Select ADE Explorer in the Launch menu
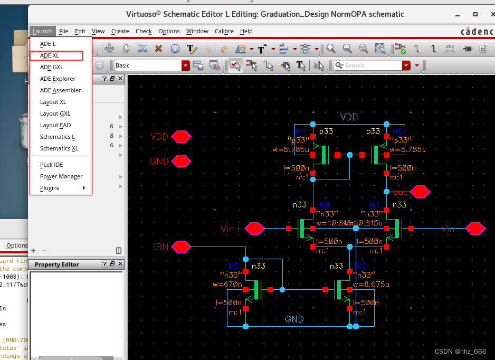tap(58, 79)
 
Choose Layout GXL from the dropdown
tap(55, 113)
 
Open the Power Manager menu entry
tap(61, 176)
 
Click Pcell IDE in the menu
tap(51, 165)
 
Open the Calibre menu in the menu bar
tap(224, 31)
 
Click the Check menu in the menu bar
tap(144, 31)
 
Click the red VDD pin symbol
tap(181, 137)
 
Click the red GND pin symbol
tap(181, 161)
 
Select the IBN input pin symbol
tap(181, 247)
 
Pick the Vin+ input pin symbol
tap(255, 229)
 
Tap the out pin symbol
tap(420, 192)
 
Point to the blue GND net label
tap(294, 319)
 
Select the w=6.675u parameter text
tap(373, 285)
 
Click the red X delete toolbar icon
tap(158, 49)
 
